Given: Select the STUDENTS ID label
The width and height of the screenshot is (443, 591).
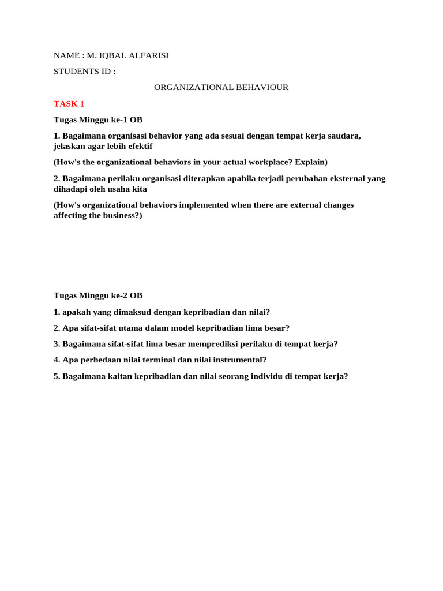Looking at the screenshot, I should click(x=84, y=72).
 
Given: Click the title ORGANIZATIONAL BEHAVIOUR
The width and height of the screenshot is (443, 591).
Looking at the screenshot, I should click(x=221, y=88).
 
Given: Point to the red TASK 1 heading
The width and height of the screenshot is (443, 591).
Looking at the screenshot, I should click(x=69, y=104).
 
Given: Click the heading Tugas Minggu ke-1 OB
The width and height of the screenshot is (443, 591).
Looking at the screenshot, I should click(x=98, y=120).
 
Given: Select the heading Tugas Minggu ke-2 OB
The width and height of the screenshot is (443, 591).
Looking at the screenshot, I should click(x=98, y=295).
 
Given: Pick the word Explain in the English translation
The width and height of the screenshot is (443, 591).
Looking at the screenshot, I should click(x=309, y=162).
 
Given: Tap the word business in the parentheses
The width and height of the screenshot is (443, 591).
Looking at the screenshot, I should click(x=116, y=215).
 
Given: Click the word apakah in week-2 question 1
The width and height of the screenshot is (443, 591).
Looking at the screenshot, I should click(x=77, y=312).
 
